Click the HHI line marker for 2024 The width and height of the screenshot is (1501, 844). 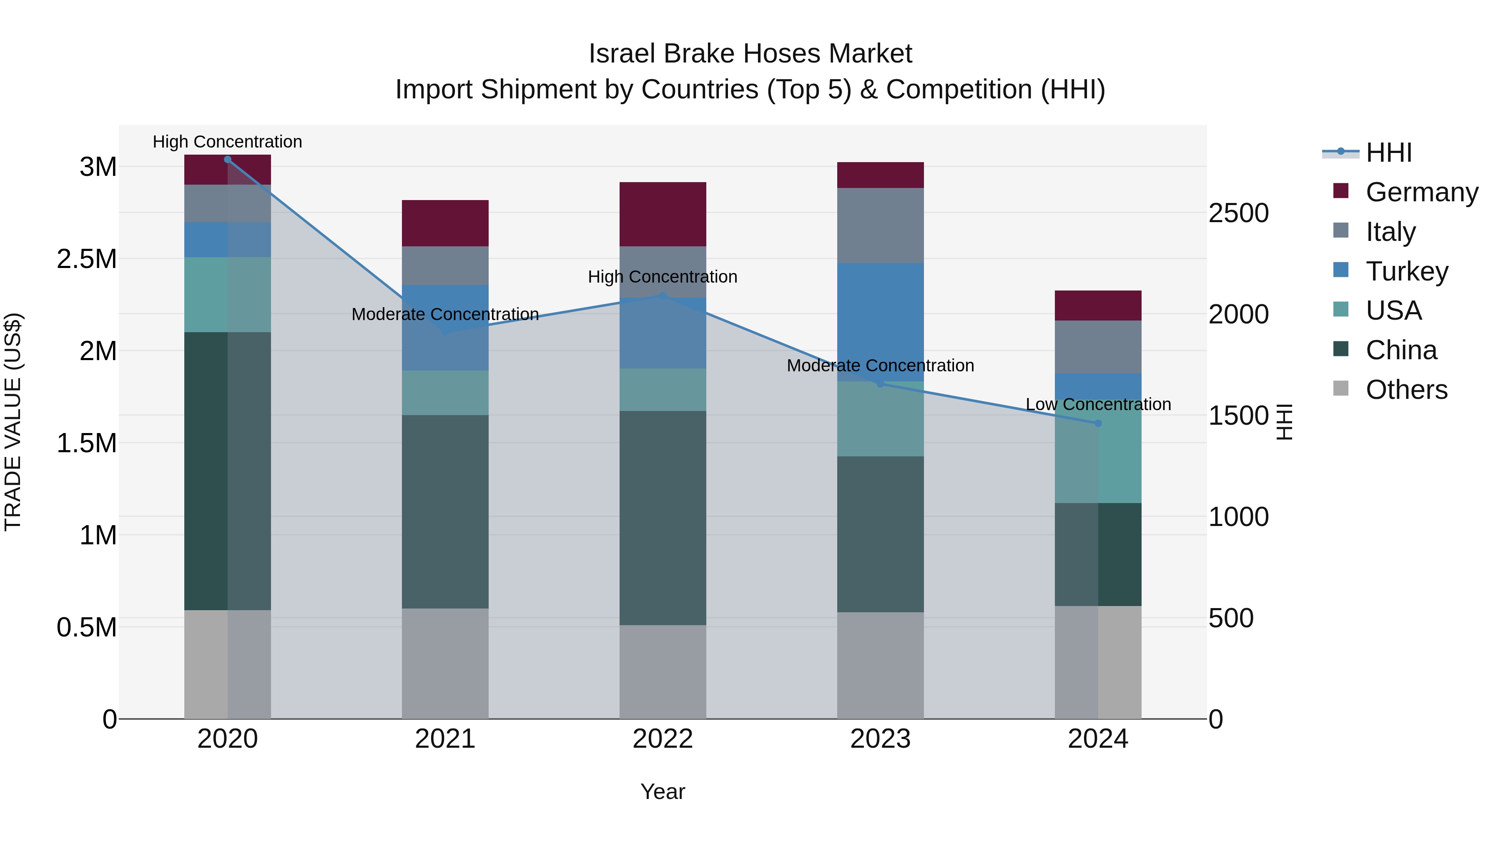click(x=1098, y=423)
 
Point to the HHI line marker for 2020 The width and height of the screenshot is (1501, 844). click(x=228, y=160)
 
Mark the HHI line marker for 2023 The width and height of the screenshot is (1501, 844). click(x=881, y=384)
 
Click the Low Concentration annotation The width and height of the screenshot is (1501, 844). click(x=1098, y=404)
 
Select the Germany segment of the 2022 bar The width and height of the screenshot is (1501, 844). click(x=663, y=214)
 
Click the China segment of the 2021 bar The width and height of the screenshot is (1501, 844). click(x=445, y=511)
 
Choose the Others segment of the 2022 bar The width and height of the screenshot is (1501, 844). click(x=663, y=671)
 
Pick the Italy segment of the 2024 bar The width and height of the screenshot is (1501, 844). click(x=1098, y=347)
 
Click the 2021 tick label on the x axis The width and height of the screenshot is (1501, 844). click(x=445, y=739)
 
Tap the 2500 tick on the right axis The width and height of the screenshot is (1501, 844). click(x=1238, y=213)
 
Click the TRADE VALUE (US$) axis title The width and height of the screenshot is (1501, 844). click(x=13, y=422)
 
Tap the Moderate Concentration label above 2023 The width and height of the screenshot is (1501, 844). click(x=881, y=366)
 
